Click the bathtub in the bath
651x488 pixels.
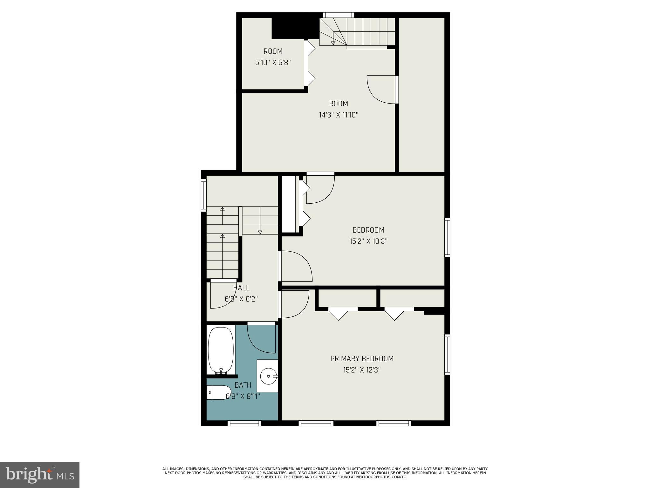click(221, 350)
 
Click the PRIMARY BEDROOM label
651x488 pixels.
click(362, 358)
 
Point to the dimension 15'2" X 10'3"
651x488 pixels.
click(368, 241)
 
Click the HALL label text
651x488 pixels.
click(241, 288)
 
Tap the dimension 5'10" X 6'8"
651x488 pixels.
click(273, 63)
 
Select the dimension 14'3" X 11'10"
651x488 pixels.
click(339, 115)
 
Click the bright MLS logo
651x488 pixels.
click(40, 475)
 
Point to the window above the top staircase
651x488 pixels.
click(339, 15)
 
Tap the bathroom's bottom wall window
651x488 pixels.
click(244, 423)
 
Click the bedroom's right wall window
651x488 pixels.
click(447, 237)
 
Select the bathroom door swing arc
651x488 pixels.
click(261, 340)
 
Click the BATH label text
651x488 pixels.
click(243, 385)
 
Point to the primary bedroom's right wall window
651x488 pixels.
click(447, 355)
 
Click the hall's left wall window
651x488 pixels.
click(204, 195)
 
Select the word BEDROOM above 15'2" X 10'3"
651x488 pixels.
click(368, 230)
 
